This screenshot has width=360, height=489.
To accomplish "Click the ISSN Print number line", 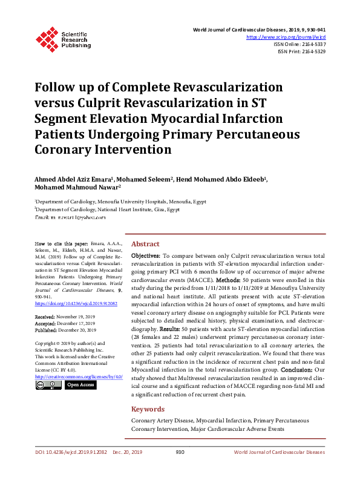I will pos(301,51).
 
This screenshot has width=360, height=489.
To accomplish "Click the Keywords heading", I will pos(148,409).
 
